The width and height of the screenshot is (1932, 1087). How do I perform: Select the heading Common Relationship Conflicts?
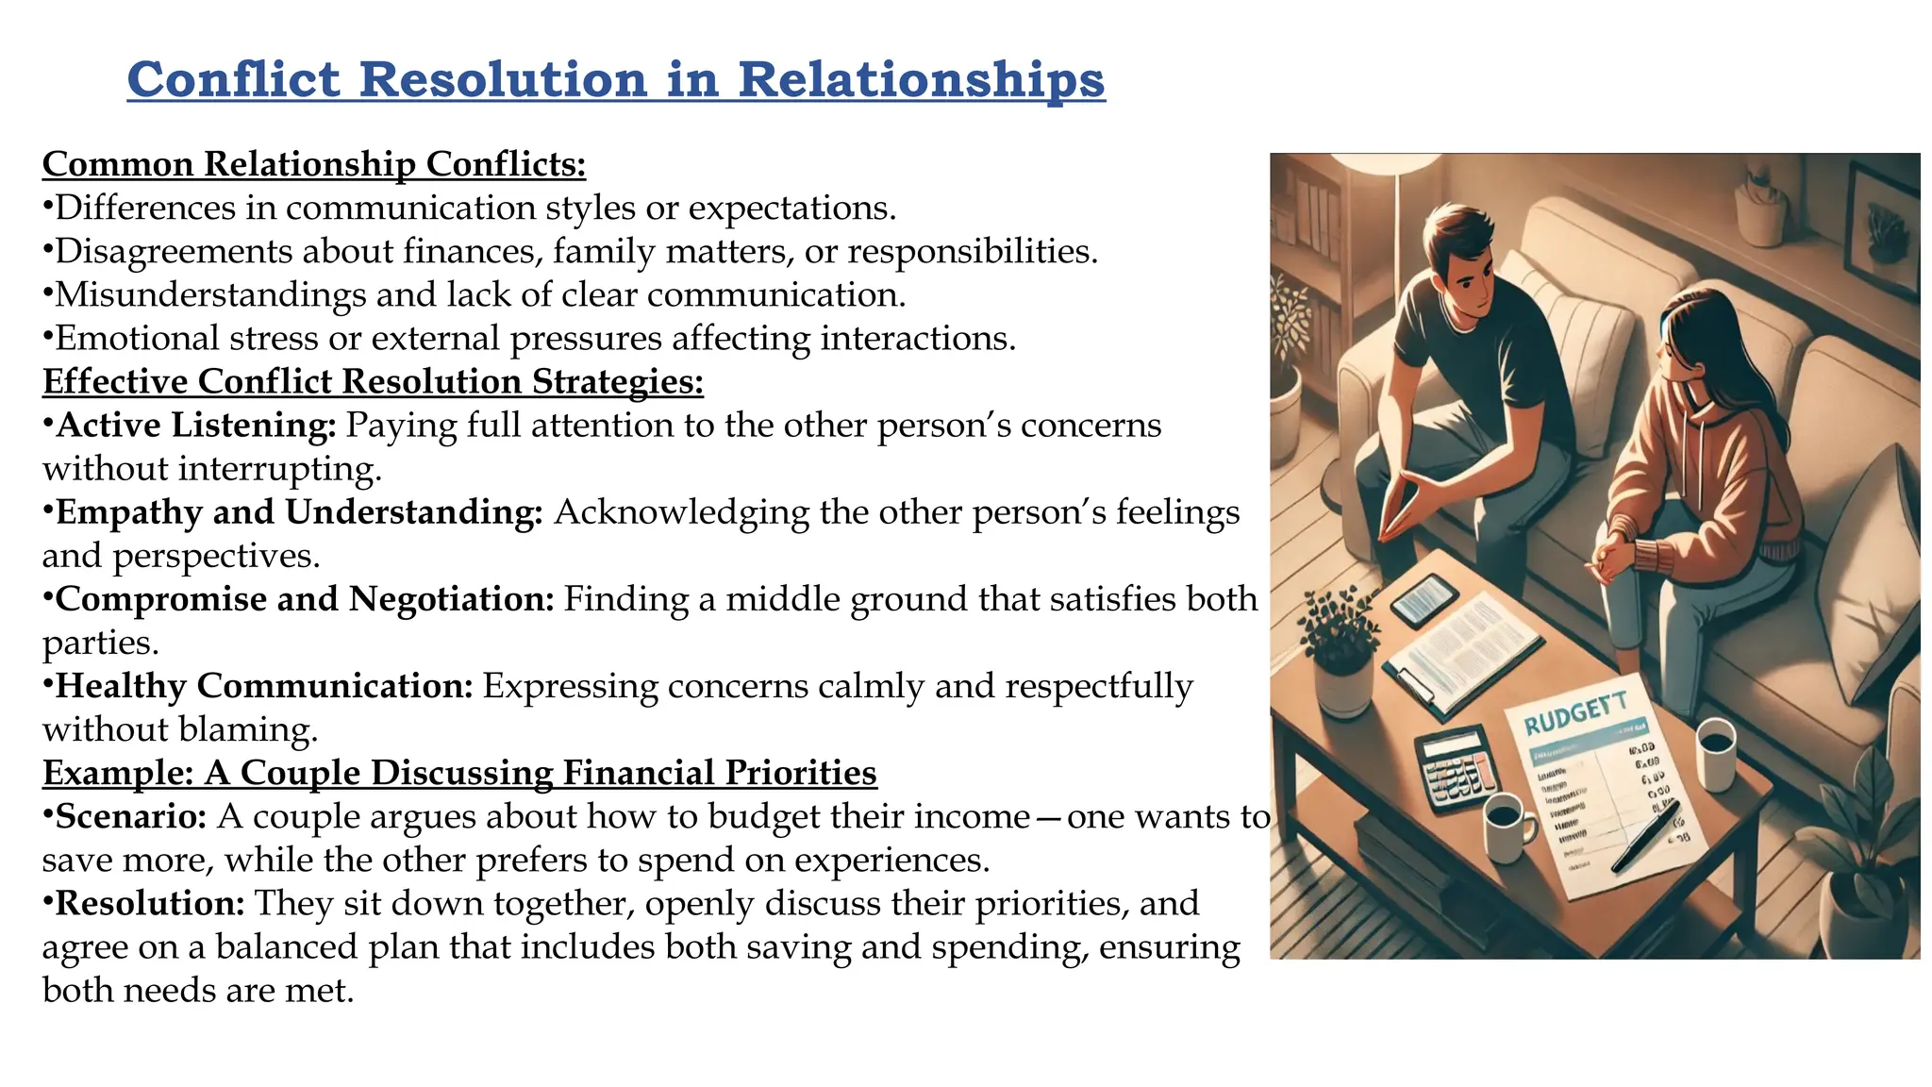point(314,164)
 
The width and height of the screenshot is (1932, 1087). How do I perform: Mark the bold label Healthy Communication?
point(264,686)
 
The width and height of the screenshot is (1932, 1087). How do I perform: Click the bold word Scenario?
point(131,816)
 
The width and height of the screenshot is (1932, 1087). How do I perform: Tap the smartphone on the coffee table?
point(1424,600)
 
